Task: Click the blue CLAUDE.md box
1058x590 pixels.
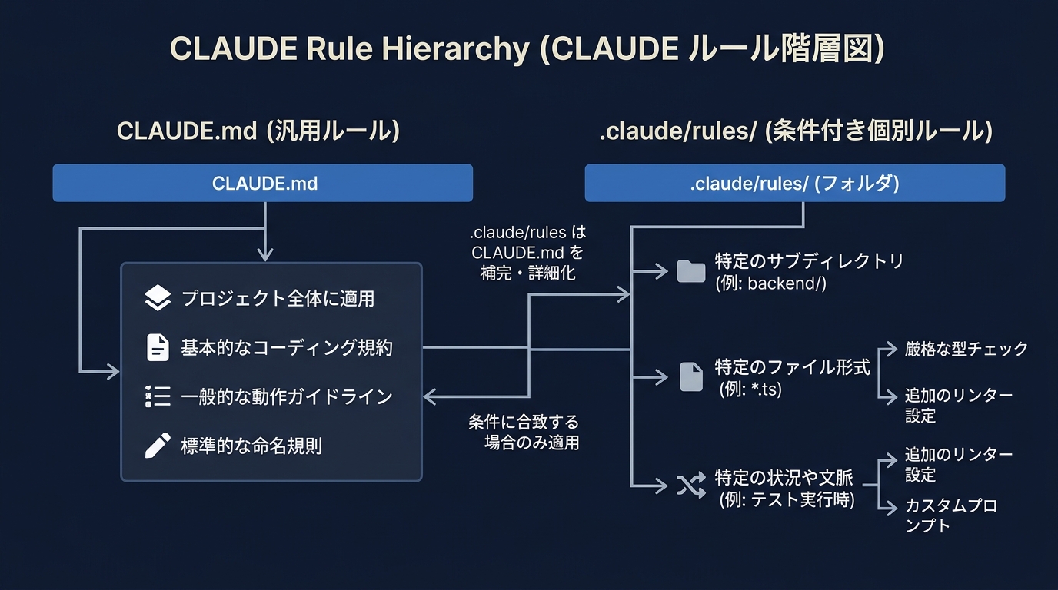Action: tap(262, 183)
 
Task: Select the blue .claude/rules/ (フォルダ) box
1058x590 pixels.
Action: tap(794, 183)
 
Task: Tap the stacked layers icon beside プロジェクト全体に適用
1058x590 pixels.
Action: tap(158, 298)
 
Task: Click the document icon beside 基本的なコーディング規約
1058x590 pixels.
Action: tap(158, 347)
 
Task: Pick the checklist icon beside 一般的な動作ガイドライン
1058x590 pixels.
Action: tap(158, 396)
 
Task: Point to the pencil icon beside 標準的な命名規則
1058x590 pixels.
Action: tap(158, 446)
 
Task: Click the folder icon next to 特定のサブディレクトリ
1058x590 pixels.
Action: tap(690, 271)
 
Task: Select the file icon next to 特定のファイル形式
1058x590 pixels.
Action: tap(691, 376)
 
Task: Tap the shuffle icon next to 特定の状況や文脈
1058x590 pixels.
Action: tap(690, 486)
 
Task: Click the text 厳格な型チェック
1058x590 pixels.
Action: tap(966, 349)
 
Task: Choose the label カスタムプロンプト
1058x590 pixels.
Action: tap(950, 515)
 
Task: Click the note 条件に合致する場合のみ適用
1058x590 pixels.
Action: tap(524, 432)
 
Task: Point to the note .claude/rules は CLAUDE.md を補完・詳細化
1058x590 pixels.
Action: tap(527, 252)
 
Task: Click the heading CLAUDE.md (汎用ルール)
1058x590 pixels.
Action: tap(258, 131)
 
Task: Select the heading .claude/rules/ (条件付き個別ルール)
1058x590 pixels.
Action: tap(796, 131)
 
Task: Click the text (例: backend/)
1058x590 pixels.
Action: tap(770, 283)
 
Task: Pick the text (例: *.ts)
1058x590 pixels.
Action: tap(750, 389)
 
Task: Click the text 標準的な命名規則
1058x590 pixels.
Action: tap(251, 446)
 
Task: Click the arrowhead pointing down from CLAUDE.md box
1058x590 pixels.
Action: tap(265, 254)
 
